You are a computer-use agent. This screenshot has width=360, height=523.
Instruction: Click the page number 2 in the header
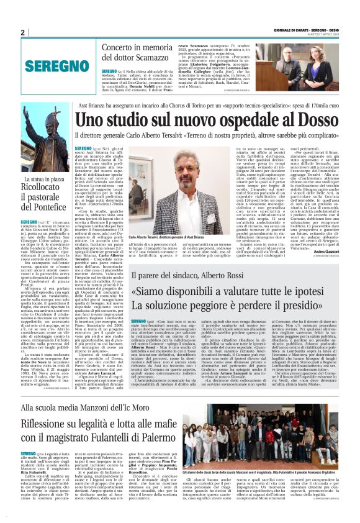pos(23,32)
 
